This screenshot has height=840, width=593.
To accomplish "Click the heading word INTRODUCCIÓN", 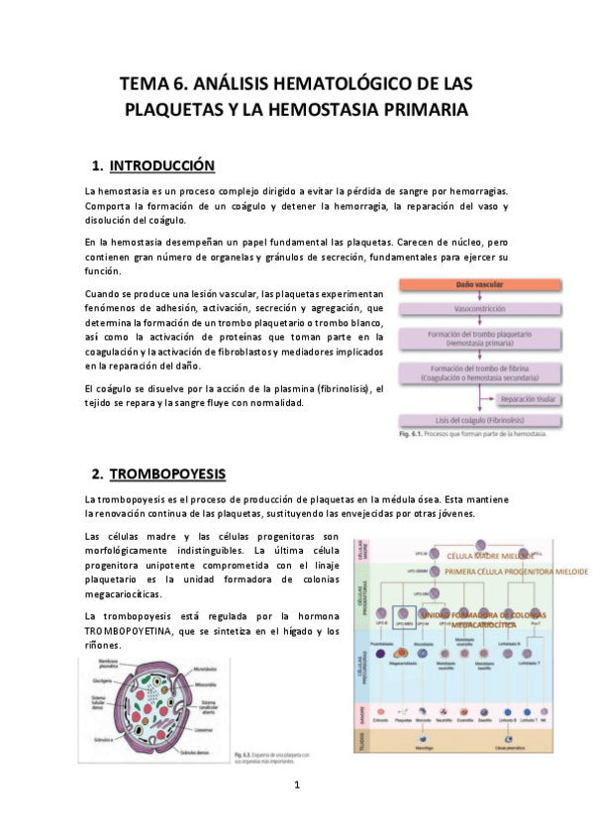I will (161, 164).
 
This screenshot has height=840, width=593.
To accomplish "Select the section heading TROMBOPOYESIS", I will (167, 472).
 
